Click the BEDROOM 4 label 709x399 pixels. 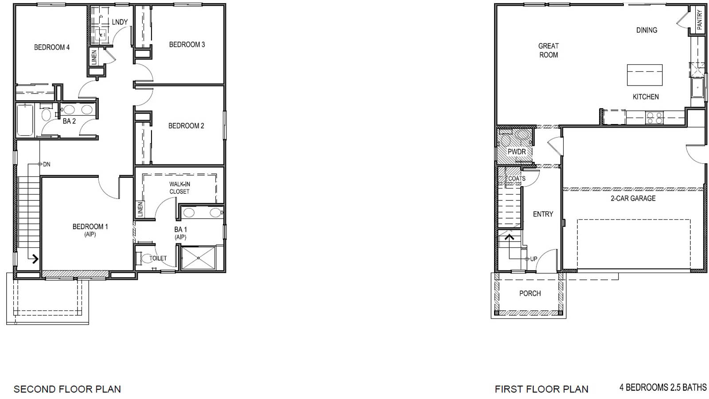tap(52, 47)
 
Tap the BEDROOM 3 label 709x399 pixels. tap(187, 44)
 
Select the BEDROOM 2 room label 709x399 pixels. tap(186, 126)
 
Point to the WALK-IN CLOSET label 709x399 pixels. tap(179, 188)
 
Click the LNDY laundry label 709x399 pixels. tap(120, 22)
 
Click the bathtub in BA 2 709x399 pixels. tap(25, 120)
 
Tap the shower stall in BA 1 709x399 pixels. tap(198, 258)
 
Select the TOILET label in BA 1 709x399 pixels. tap(158, 258)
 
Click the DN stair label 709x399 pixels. tap(47, 164)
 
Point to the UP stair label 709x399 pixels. tap(534, 259)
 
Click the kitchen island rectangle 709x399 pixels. tap(645, 75)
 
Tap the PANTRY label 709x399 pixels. tap(700, 20)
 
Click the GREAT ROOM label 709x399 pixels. tap(549, 50)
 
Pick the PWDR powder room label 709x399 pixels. tap(517, 152)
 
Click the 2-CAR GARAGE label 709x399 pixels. tap(633, 198)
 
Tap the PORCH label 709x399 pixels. tap(530, 293)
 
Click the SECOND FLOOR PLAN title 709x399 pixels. tap(67, 389)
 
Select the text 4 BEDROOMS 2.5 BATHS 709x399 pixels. tap(663, 387)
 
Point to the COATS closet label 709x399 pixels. tap(516, 179)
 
